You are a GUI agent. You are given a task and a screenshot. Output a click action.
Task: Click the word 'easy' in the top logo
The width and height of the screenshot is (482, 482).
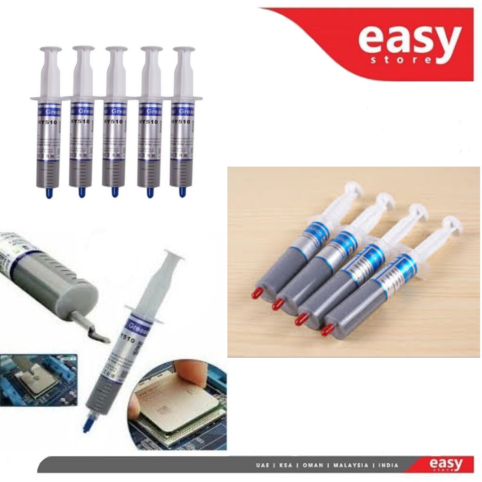point(409,40)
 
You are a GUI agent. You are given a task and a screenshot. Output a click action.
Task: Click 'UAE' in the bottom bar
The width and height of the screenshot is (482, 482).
point(260,465)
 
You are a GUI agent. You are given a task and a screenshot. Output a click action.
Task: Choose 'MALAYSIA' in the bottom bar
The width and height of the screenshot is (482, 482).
point(350,465)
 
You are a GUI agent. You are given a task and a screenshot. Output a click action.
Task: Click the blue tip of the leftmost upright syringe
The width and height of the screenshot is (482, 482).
point(48,192)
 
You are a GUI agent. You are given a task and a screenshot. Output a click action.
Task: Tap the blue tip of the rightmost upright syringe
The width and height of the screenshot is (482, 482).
point(182,192)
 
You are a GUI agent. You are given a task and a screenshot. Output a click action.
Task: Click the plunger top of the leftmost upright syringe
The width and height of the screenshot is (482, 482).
point(50,49)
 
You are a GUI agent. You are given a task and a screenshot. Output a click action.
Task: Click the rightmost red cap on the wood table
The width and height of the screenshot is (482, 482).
point(326,330)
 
